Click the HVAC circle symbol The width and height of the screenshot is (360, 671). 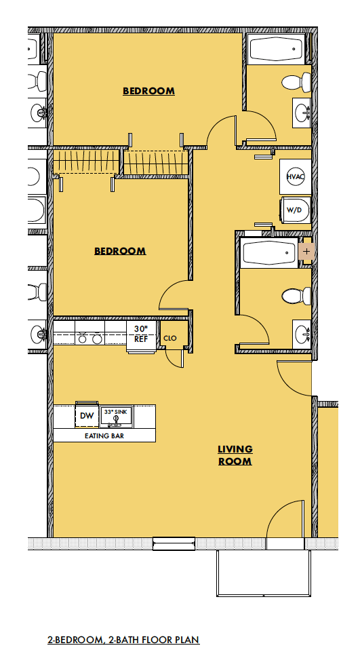(294, 176)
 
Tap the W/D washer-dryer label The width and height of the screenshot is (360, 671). (294, 210)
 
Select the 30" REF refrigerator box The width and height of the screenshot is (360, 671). (141, 335)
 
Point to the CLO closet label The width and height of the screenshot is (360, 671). (169, 337)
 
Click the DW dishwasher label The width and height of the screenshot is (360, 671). (86, 416)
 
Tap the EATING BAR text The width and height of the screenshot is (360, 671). (104, 436)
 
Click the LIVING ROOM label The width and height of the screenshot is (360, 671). (235, 455)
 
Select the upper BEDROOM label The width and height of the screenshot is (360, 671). (148, 91)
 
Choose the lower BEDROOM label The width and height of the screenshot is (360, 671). (119, 251)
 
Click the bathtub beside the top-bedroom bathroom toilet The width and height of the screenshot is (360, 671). (275, 50)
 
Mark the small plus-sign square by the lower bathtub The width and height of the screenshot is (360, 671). (306, 251)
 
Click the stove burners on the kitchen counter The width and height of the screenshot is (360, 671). (90, 337)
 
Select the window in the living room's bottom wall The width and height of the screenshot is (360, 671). (174, 541)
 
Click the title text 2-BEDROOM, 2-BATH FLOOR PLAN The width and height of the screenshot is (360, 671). (123, 640)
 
